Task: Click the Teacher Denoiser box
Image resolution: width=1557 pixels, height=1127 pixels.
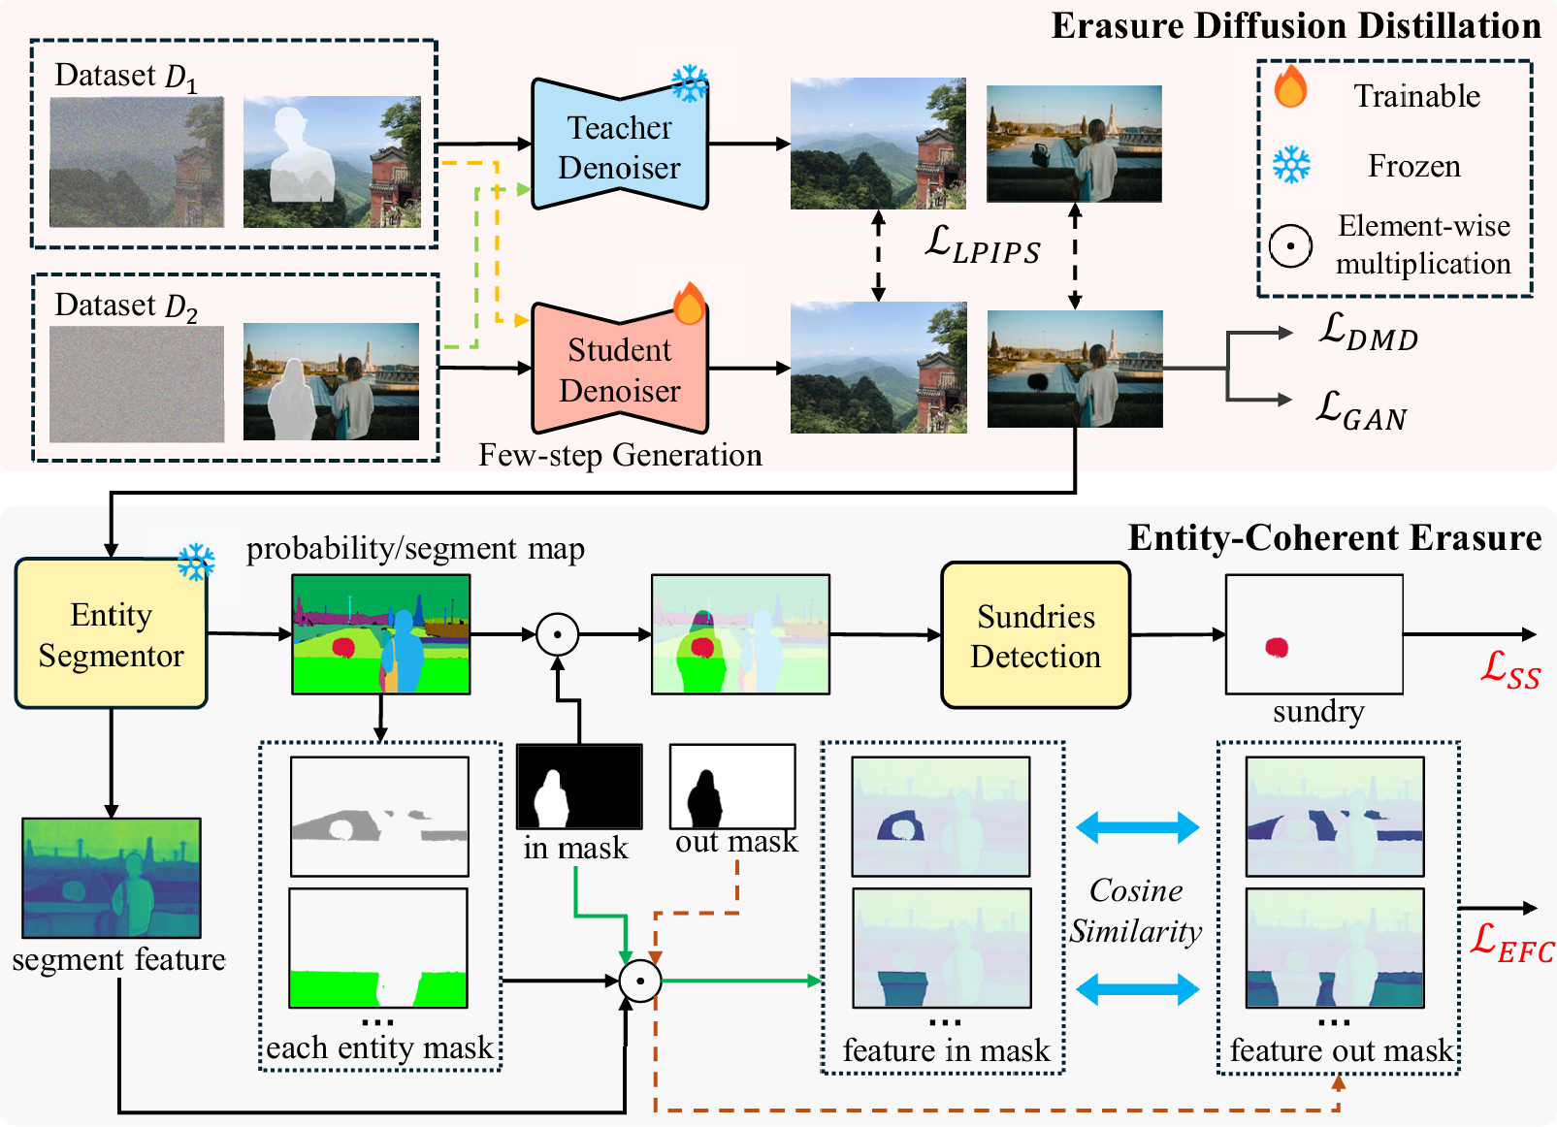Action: click(619, 146)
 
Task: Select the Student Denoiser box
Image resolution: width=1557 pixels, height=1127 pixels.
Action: click(619, 370)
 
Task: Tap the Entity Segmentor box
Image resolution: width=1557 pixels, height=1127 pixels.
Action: click(111, 634)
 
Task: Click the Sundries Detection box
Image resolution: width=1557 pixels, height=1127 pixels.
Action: click(1035, 635)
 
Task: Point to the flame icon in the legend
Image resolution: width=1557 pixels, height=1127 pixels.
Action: click(1290, 87)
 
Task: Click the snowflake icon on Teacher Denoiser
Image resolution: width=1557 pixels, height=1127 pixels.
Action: click(690, 83)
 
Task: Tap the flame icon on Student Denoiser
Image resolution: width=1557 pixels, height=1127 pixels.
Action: click(689, 304)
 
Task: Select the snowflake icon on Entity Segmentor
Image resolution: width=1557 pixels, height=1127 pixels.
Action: click(196, 562)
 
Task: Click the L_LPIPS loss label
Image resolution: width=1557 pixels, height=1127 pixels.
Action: click(982, 243)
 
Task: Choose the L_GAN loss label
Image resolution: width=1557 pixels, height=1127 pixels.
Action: click(1360, 410)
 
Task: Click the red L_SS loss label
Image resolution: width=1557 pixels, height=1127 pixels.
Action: click(1509, 669)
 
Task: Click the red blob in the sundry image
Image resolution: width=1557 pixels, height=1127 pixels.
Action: click(1277, 648)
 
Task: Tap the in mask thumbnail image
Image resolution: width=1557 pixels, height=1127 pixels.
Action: click(579, 787)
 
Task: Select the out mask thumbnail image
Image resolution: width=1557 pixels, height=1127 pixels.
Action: click(732, 786)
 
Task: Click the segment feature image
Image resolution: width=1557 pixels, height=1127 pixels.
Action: click(112, 878)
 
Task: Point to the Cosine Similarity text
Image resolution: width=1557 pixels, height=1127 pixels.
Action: click(1136, 911)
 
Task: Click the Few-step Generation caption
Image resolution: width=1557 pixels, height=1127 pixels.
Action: click(620, 455)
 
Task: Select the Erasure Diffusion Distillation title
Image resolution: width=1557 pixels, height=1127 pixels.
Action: click(1295, 26)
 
